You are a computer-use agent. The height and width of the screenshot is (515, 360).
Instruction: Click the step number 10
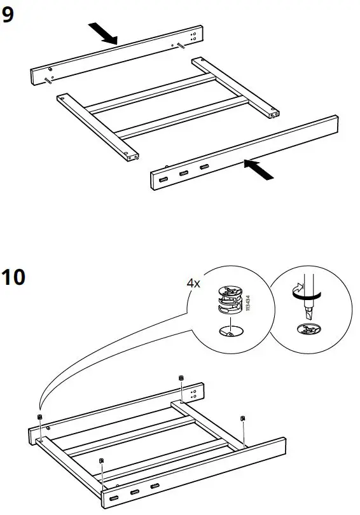13,278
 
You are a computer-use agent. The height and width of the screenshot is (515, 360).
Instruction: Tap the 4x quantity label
193,284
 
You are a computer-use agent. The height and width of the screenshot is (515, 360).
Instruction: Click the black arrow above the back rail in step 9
102,33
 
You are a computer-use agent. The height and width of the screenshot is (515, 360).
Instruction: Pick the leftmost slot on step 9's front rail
163,180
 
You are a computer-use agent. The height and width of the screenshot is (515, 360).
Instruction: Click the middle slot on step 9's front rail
184,174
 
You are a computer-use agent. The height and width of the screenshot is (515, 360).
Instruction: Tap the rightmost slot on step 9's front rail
204,167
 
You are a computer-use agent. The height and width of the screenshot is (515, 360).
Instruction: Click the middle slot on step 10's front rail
135,493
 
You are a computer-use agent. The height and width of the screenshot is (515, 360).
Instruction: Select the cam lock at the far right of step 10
243,418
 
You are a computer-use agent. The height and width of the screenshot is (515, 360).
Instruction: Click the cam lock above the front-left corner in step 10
100,460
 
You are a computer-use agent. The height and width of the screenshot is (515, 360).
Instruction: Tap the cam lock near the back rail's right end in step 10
181,378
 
